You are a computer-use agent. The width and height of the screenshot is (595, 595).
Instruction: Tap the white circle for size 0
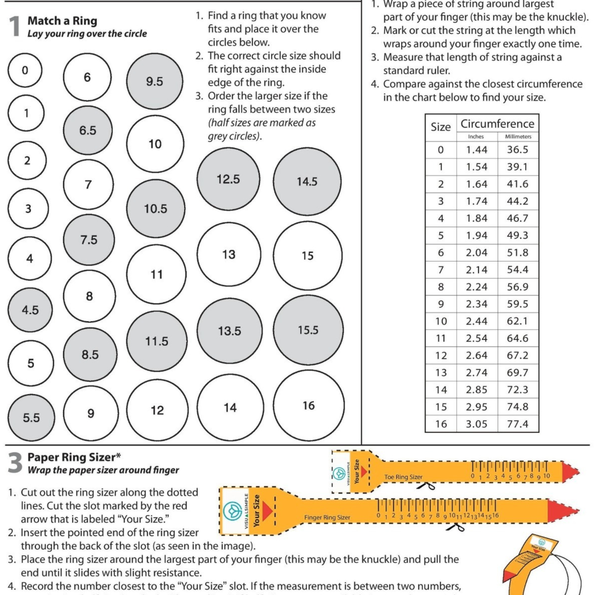pos(25,70)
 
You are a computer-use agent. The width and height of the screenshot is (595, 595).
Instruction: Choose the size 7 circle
pos(88,184)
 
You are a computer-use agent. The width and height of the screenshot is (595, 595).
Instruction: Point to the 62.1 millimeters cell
pos(518,321)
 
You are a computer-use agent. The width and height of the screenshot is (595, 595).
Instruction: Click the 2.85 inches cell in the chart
pos(476,389)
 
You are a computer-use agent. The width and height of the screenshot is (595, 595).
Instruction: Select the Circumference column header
pos(497,124)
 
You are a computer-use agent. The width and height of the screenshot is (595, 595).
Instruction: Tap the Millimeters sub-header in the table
pos(518,137)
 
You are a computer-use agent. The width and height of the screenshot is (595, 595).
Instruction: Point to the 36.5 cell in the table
pos(518,150)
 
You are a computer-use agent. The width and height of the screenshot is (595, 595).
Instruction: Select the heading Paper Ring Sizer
pos(74,457)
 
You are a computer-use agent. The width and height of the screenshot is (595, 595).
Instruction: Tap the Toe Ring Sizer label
pos(403,477)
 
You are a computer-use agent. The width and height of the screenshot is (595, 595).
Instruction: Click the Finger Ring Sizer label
pos(327,518)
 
